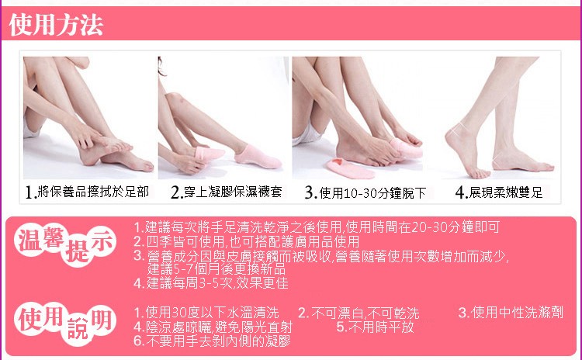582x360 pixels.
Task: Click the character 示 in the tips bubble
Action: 101,241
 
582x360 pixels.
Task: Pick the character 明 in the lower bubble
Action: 102,321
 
